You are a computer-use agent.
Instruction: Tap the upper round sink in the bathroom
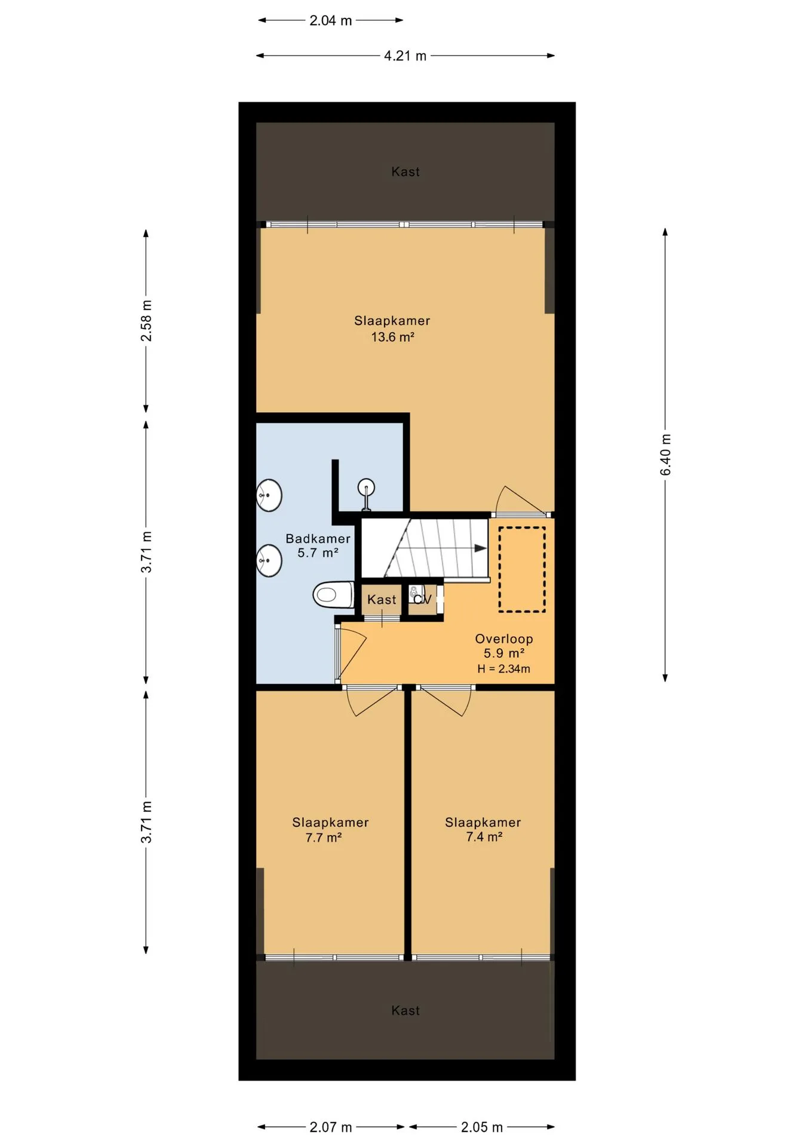tap(269, 495)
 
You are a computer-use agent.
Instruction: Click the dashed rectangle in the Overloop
tap(523, 569)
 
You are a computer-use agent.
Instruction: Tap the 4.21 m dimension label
tap(405, 56)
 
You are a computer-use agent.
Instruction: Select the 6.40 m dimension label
tap(666, 455)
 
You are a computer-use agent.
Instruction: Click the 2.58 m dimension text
tap(146, 321)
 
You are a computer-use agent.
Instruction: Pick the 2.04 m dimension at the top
tap(330, 21)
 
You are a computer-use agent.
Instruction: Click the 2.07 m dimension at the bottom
tap(330, 1127)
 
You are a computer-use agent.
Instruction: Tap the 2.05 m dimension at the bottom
tap(481, 1127)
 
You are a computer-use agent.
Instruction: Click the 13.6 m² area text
tap(392, 337)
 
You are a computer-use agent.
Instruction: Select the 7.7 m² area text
tap(323, 838)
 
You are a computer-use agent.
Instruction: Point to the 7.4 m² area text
tap(484, 837)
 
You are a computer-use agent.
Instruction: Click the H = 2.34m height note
tap(503, 669)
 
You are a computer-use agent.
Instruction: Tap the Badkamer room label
tap(318, 538)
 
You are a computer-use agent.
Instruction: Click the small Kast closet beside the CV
tap(382, 599)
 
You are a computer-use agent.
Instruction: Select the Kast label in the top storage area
tap(405, 172)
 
